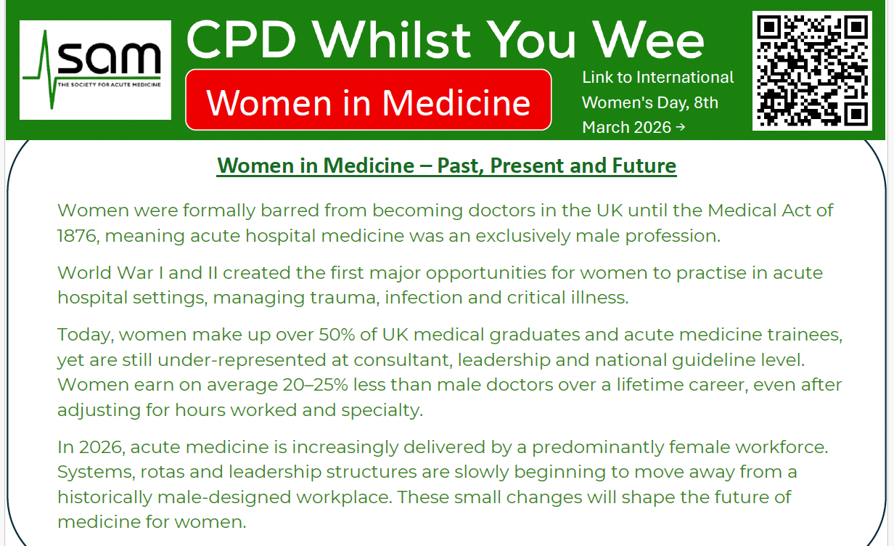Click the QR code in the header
(812, 70)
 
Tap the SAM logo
(95, 70)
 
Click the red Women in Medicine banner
(369, 99)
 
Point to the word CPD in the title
(242, 41)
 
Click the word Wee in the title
(649, 41)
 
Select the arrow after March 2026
(681, 127)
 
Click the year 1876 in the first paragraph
(77, 236)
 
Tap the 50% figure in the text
(337, 335)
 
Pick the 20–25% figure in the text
(315, 385)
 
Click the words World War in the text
(106, 273)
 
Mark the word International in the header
(685, 77)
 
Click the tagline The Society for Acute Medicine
(110, 85)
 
